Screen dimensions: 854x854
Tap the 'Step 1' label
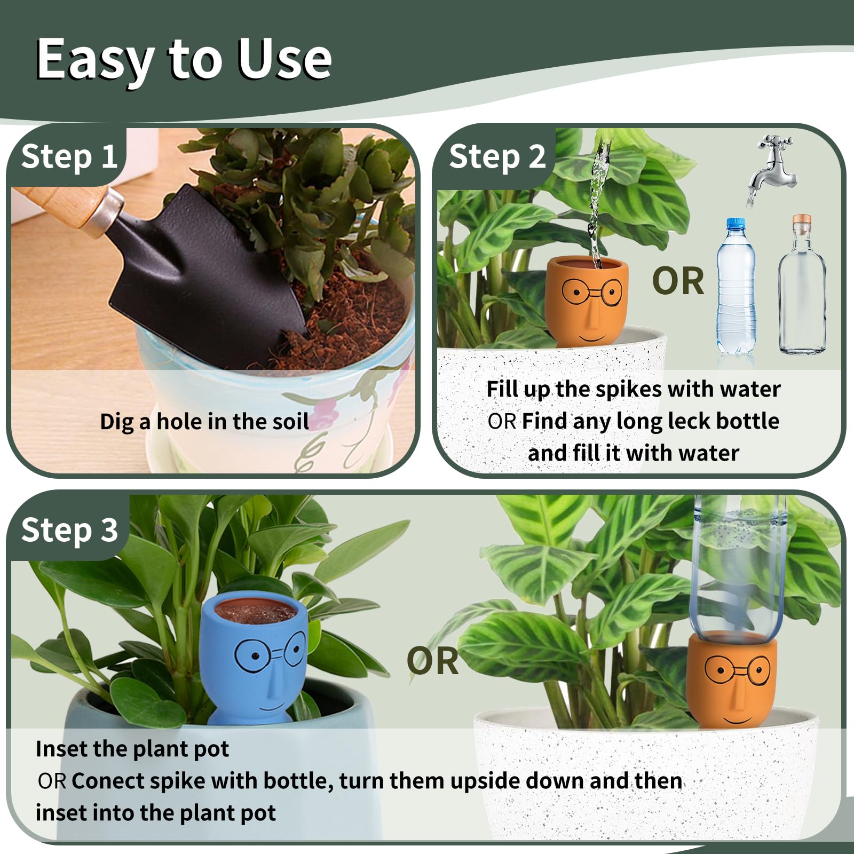69,157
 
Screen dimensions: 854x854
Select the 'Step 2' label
497,157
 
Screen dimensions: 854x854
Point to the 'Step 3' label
69,530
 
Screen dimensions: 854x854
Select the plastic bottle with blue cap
736,288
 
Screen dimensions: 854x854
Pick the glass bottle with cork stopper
802,288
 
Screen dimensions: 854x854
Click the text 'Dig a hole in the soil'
204,422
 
